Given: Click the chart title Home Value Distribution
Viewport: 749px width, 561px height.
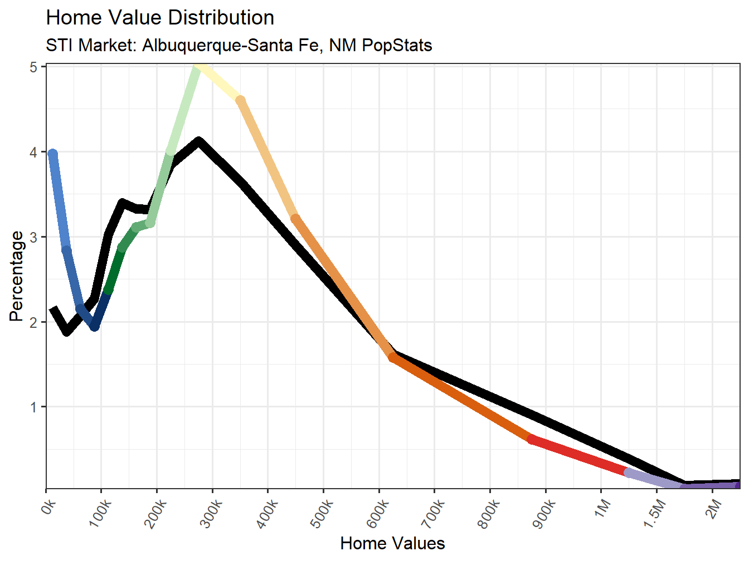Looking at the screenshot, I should [x=160, y=18].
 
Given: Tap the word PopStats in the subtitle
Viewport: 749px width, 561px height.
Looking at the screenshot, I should [x=397, y=45].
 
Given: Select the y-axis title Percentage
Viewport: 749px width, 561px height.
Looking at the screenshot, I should [x=17, y=277].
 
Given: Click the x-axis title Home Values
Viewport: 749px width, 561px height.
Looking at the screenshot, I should [x=392, y=543].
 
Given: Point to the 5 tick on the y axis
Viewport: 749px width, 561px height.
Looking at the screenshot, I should [x=34, y=67].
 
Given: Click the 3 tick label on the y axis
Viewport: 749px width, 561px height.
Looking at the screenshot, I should [x=34, y=238].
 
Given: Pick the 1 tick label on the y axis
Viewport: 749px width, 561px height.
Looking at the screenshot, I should [x=34, y=407].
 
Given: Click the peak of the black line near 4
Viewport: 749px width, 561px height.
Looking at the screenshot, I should [x=198, y=141].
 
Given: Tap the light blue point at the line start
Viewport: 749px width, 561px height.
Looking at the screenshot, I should [x=52, y=154].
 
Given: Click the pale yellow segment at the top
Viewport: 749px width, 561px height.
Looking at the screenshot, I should [x=220, y=83].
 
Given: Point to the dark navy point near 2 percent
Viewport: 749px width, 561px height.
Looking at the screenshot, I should [x=95, y=326].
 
